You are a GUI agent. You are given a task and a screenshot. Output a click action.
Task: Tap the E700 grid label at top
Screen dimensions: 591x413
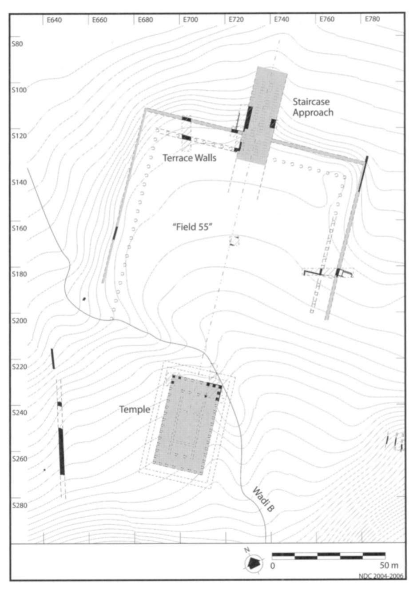(190, 20)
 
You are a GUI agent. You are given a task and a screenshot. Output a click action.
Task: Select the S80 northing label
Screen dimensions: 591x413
(17, 44)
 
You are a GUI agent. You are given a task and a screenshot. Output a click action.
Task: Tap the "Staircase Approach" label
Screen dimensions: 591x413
(313, 107)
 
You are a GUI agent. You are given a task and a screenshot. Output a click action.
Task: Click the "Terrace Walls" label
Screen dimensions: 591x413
(189, 158)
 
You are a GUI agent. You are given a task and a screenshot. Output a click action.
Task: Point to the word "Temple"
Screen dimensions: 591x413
(134, 409)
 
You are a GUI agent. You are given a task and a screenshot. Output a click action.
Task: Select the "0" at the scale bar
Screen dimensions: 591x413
(273, 566)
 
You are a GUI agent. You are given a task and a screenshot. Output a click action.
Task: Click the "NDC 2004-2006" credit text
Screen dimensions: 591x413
(381, 576)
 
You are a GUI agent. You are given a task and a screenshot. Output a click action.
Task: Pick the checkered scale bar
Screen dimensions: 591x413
(329, 555)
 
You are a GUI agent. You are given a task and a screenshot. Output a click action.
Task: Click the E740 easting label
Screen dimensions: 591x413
(281, 20)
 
